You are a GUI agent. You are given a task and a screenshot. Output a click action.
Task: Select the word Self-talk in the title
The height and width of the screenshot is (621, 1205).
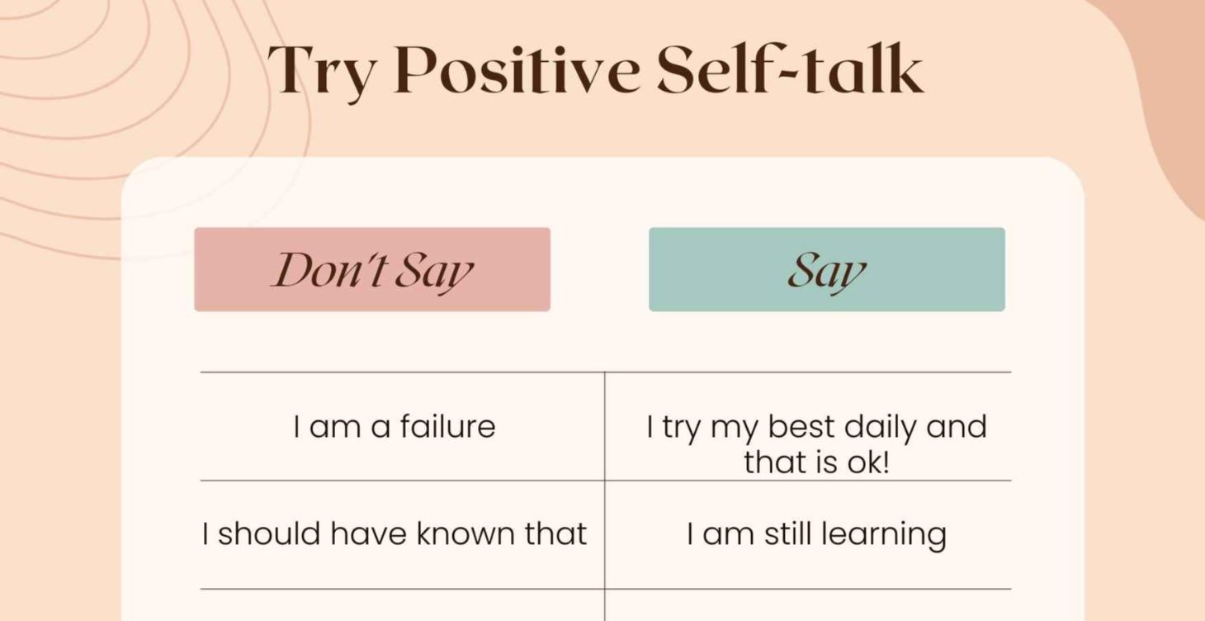click(x=790, y=69)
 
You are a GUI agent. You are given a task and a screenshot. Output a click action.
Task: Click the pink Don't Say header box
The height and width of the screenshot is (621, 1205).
click(x=372, y=269)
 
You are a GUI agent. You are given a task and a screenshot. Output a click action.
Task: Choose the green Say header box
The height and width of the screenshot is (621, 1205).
click(x=826, y=269)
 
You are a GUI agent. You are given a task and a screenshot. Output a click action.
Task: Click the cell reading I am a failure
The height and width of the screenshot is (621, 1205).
click(x=395, y=427)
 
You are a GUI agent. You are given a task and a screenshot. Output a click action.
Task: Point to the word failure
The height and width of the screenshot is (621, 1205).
click(x=447, y=427)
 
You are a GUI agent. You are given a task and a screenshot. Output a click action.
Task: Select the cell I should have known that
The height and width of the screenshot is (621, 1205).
click(x=395, y=533)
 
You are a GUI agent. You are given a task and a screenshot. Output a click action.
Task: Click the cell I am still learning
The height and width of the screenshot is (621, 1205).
click(x=816, y=533)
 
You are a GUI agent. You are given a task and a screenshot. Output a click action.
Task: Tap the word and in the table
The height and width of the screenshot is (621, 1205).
click(x=956, y=427)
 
